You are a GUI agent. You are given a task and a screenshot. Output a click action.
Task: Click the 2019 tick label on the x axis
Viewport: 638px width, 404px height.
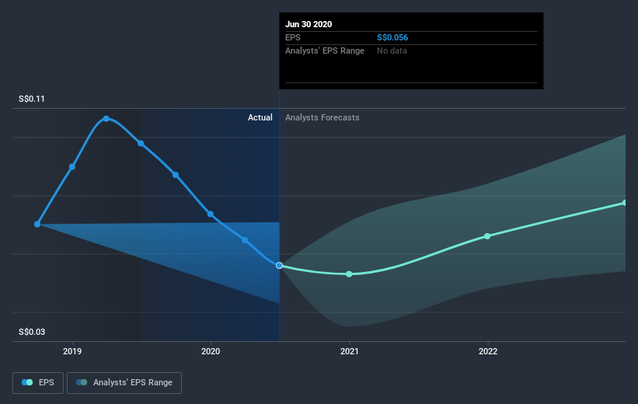point(72,351)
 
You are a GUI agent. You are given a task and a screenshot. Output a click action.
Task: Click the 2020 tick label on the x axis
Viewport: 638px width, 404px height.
point(211,351)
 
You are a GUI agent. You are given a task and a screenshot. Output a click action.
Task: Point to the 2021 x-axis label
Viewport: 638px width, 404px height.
point(349,351)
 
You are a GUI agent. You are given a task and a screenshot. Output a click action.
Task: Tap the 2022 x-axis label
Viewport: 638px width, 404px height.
point(488,351)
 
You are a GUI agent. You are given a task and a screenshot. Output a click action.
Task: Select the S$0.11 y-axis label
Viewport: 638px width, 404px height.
point(33,99)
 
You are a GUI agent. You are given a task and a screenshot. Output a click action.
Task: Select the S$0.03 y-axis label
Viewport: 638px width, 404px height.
point(33,333)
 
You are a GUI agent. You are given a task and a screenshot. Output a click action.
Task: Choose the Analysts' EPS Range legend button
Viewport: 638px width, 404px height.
point(124,382)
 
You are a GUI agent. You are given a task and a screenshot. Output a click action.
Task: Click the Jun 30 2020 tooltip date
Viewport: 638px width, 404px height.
point(309,24)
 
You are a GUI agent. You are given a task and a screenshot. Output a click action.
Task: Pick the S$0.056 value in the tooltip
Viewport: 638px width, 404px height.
point(393,37)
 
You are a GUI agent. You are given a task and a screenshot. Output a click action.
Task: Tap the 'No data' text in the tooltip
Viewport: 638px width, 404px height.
point(392,50)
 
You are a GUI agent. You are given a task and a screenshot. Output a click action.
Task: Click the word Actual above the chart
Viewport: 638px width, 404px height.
point(260,117)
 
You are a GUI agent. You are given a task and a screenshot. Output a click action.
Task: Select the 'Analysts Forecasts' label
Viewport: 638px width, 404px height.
point(322,117)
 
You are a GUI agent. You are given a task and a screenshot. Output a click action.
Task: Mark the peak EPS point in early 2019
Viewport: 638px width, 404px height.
point(106,119)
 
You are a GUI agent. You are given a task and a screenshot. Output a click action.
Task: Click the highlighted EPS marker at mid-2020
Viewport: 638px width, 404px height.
point(279,266)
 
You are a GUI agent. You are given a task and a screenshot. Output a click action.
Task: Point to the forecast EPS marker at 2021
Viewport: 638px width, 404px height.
point(349,274)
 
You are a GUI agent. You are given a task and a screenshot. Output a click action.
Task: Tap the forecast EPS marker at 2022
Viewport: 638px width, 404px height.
point(487,236)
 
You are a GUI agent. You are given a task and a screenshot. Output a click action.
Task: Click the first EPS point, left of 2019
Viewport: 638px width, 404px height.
point(37,224)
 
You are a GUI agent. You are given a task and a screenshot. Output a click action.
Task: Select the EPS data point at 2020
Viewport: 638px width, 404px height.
point(211,214)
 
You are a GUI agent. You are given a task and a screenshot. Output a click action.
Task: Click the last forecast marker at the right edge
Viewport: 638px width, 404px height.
point(625,203)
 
